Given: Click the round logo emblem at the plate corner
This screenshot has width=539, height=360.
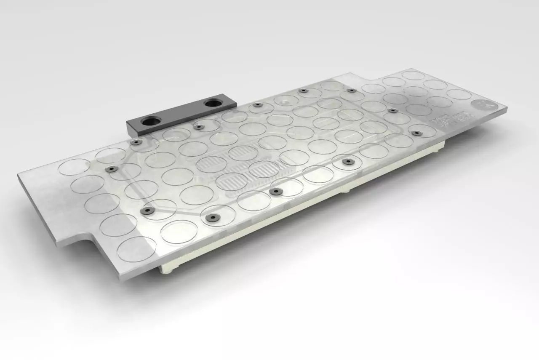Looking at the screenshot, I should (x=480, y=105).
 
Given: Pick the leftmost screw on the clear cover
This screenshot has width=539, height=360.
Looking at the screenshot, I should (x=112, y=169).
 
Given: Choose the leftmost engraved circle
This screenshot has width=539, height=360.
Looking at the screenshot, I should (x=74, y=167).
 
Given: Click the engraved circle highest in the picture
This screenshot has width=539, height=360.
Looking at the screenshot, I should (x=413, y=75).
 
